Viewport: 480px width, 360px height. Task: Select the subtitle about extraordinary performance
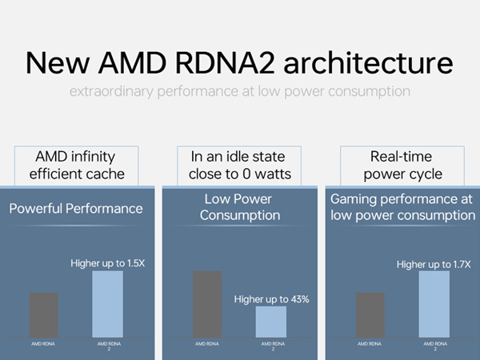[240, 91]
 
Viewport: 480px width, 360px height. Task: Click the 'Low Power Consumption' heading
[240, 209]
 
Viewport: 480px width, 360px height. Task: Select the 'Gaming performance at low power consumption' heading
[402, 208]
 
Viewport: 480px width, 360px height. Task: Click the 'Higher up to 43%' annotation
[271, 299]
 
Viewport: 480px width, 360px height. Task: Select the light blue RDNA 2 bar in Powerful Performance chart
[108, 304]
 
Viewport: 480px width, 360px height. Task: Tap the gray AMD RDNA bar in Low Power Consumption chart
[207, 304]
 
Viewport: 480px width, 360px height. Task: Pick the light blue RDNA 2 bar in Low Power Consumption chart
[271, 322]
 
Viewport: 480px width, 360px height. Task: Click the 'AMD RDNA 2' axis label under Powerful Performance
[108, 346]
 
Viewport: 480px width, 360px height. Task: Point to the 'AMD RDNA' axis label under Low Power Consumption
[207, 343]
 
